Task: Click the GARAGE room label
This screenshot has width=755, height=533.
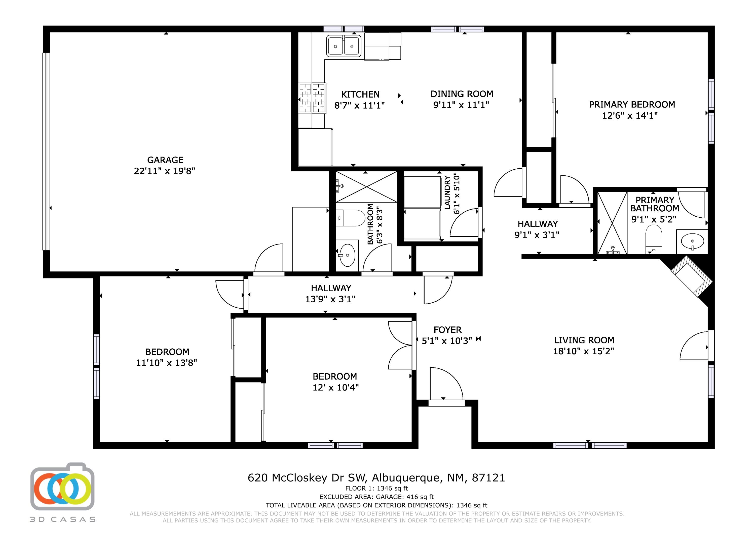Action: [x=165, y=160]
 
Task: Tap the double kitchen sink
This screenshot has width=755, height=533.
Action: [x=344, y=46]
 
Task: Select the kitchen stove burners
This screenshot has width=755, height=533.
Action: [x=312, y=98]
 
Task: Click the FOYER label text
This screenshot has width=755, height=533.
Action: [x=447, y=330]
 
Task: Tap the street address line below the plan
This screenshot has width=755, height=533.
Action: [x=376, y=477]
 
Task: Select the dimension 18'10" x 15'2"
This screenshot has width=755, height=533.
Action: [x=584, y=351]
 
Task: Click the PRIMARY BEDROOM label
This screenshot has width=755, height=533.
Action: [x=632, y=105]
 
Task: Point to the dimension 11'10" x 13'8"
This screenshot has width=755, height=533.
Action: [x=166, y=363]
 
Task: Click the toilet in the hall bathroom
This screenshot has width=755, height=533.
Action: [x=351, y=218]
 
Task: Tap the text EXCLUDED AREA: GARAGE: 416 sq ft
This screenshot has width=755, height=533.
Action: [x=376, y=497]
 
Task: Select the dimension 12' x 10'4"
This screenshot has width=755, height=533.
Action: [x=335, y=387]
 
